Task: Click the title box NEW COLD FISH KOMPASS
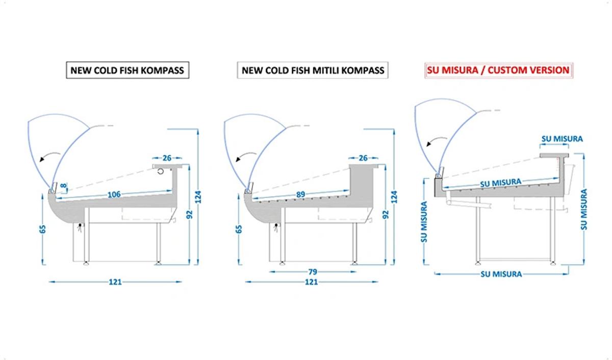click(127, 70)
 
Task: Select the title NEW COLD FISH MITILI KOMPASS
click(313, 70)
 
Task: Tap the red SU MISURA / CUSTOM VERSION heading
click(499, 70)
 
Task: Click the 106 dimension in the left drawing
click(114, 194)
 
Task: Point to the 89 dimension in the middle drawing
click(300, 194)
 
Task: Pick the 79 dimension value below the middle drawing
click(313, 272)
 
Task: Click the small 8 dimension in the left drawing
click(63, 186)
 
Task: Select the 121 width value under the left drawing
click(115, 282)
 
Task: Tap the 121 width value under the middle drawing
click(311, 282)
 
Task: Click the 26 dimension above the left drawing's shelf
click(167, 158)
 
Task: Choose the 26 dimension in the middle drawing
click(363, 158)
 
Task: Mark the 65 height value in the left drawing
click(43, 229)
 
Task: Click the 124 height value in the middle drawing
click(394, 197)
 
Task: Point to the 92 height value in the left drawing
click(189, 215)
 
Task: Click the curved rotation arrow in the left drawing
click(49, 156)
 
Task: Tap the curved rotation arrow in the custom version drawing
click(437, 141)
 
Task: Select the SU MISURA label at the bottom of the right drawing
click(501, 274)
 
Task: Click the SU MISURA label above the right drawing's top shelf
click(562, 139)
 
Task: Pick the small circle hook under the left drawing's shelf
click(161, 171)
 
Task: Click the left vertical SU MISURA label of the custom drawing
click(424, 222)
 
